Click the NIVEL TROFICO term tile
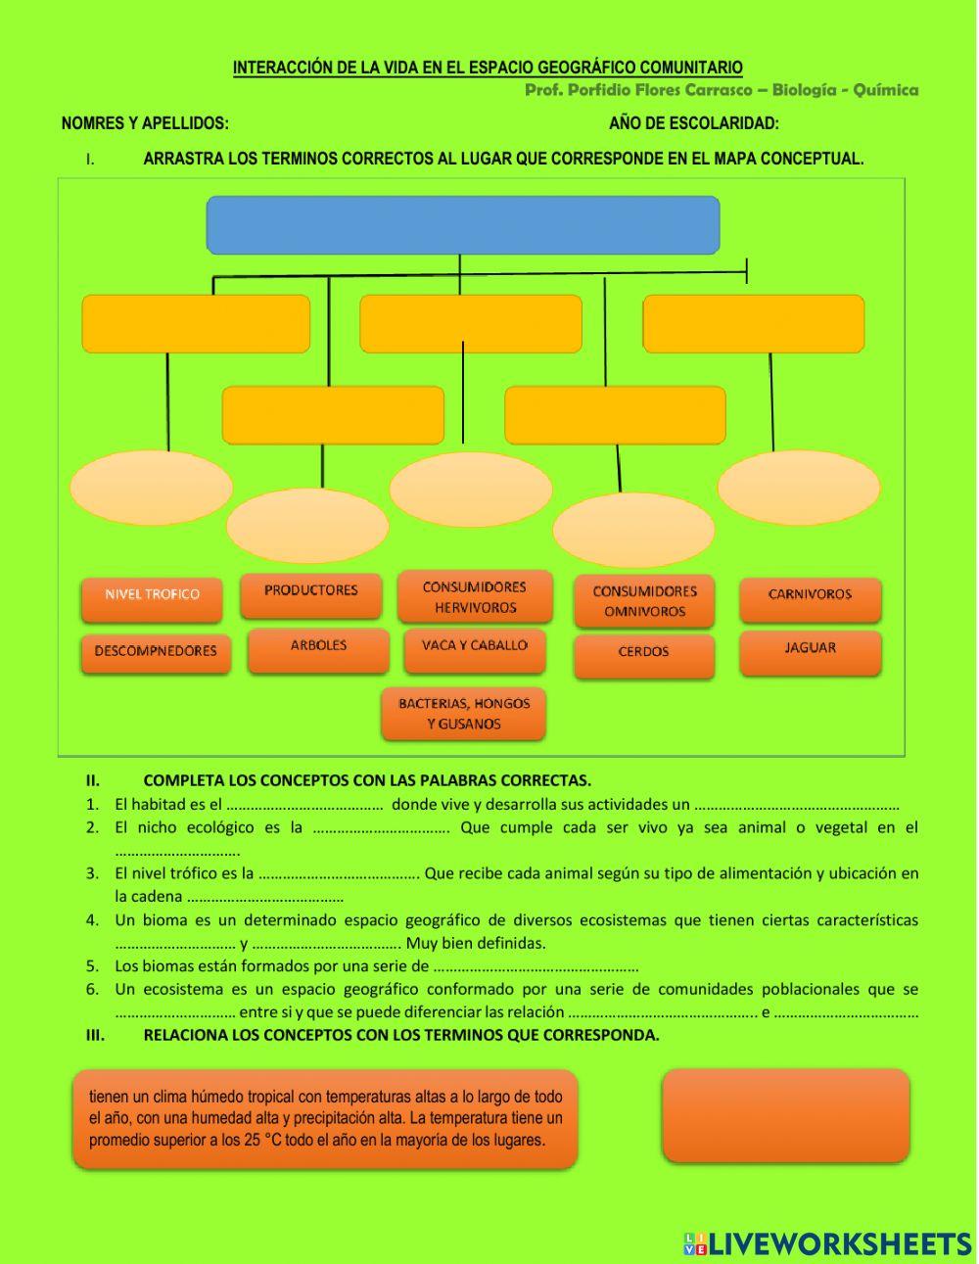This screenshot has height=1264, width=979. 152,595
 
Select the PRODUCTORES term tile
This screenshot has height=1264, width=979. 311,591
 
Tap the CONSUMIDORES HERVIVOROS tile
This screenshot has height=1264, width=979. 475,597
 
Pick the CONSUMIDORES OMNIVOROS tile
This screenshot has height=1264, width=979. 644,601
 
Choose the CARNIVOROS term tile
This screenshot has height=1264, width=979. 810,595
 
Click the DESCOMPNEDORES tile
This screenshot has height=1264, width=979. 156,652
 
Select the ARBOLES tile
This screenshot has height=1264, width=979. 318,647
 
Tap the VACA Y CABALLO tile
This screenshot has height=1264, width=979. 475,647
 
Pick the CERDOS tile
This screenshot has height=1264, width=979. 643,653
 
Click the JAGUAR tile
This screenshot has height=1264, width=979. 810,649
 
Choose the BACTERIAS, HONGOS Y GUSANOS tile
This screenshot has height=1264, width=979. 464,714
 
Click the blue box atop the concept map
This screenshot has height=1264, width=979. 462,224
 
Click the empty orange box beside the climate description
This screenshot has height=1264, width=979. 786,1116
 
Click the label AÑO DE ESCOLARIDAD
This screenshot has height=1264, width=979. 694,123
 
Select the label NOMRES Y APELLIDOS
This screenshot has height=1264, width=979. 145,123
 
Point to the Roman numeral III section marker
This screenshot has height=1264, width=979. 95,1036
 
